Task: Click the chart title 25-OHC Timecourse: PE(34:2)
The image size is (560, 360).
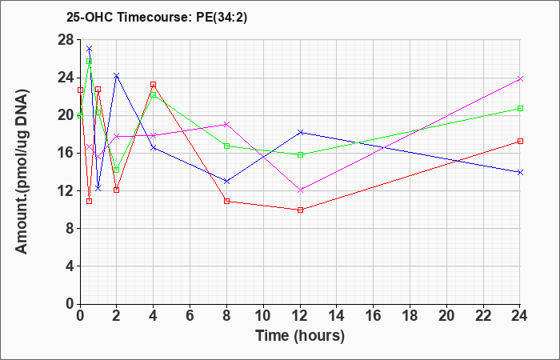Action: [x=157, y=18]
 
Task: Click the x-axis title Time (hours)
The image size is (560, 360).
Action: [x=300, y=336]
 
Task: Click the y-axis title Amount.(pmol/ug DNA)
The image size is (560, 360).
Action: [x=22, y=171]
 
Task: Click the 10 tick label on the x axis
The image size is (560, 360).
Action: [x=263, y=316]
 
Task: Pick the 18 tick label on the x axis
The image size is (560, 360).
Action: [x=410, y=316]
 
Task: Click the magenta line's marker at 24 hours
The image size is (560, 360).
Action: [x=520, y=78]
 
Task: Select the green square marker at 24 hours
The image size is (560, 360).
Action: [x=520, y=108]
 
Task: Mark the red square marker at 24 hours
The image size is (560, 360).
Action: [x=520, y=141]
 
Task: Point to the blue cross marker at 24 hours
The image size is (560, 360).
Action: [x=520, y=172]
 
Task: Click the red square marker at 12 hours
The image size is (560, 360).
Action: [x=300, y=210]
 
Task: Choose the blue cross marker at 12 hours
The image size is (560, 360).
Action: [x=300, y=132]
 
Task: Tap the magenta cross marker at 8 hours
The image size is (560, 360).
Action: [x=226, y=124]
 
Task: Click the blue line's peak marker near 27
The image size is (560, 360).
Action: [x=90, y=48]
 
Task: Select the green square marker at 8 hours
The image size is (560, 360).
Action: [x=226, y=146]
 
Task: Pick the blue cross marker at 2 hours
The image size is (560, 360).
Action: [x=117, y=75]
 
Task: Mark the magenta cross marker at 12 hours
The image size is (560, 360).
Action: [x=300, y=190]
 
